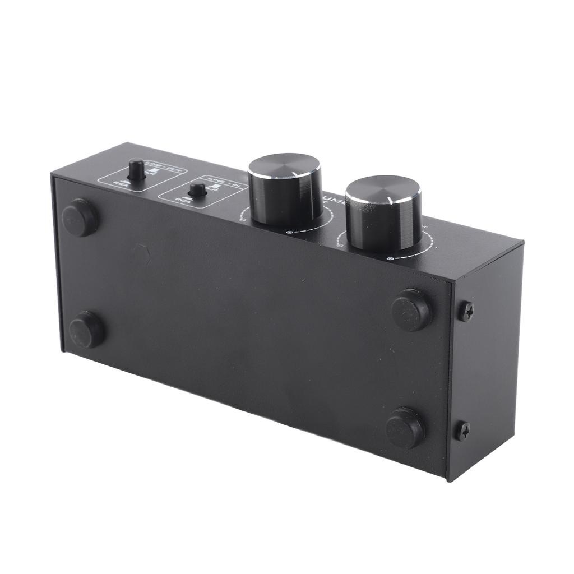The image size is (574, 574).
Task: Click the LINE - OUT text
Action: click(159, 163)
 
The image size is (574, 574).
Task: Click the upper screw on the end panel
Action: click(466, 310)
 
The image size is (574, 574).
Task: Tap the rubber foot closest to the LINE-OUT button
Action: click(80, 217)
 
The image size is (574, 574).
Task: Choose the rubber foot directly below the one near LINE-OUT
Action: click(86, 330)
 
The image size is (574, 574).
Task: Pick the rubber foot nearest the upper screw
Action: click(411, 309)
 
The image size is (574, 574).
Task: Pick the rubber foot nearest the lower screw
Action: click(405, 427)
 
